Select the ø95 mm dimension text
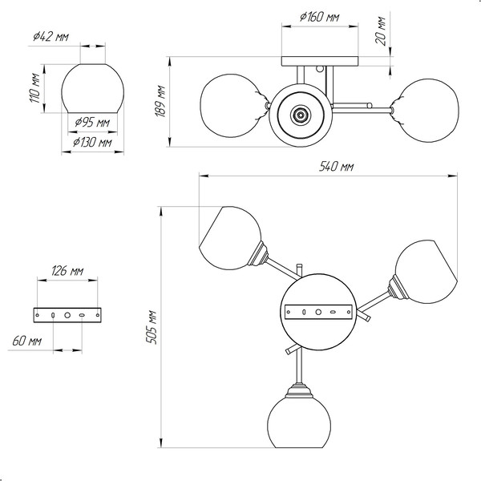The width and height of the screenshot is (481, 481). point(91,123)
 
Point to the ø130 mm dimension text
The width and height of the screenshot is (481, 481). point(91,142)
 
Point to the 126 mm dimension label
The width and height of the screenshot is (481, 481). point(67,271)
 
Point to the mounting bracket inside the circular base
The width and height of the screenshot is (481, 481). point(319,311)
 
